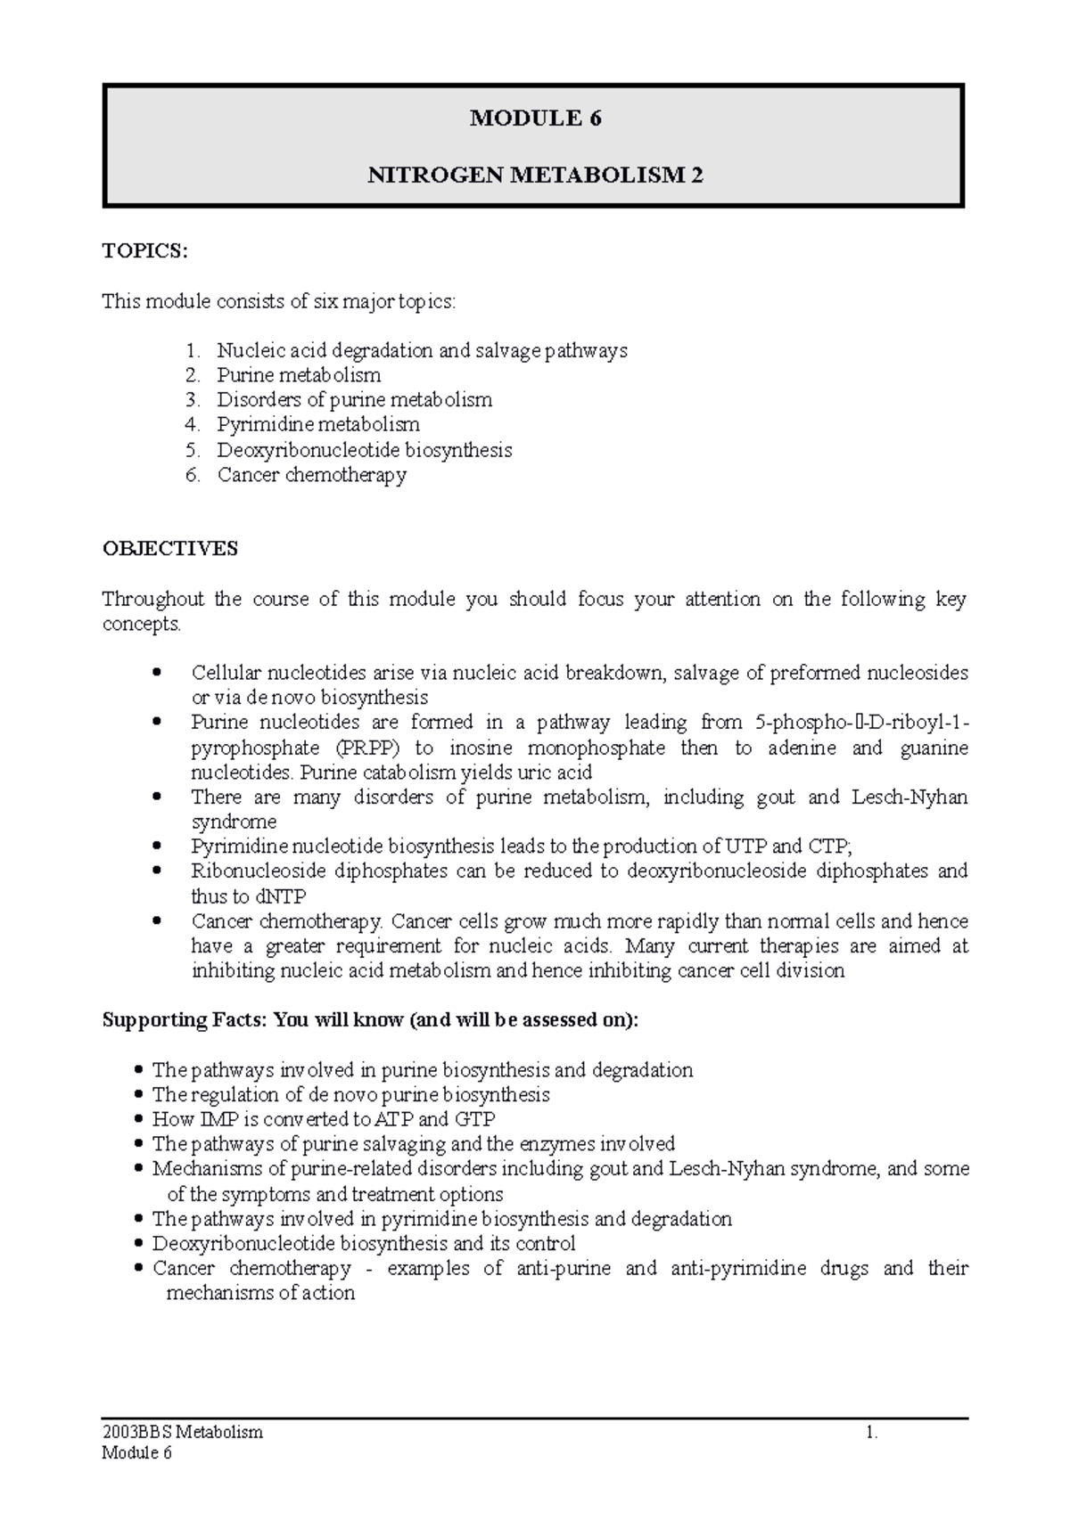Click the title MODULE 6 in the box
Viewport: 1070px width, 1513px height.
[535, 119]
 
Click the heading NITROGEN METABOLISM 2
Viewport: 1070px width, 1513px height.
[535, 176]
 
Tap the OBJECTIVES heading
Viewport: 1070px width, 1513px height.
[169, 549]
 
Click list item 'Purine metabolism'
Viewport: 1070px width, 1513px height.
[299, 375]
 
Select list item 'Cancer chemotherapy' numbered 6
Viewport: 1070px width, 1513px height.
[311, 475]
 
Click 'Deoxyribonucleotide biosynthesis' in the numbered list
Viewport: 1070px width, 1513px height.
[364, 450]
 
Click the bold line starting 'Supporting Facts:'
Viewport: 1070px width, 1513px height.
[371, 1020]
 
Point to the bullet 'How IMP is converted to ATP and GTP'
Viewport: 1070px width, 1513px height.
[324, 1119]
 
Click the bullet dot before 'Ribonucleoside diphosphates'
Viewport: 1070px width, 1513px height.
[158, 871]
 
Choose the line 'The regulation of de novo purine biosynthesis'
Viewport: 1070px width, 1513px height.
[350, 1094]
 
